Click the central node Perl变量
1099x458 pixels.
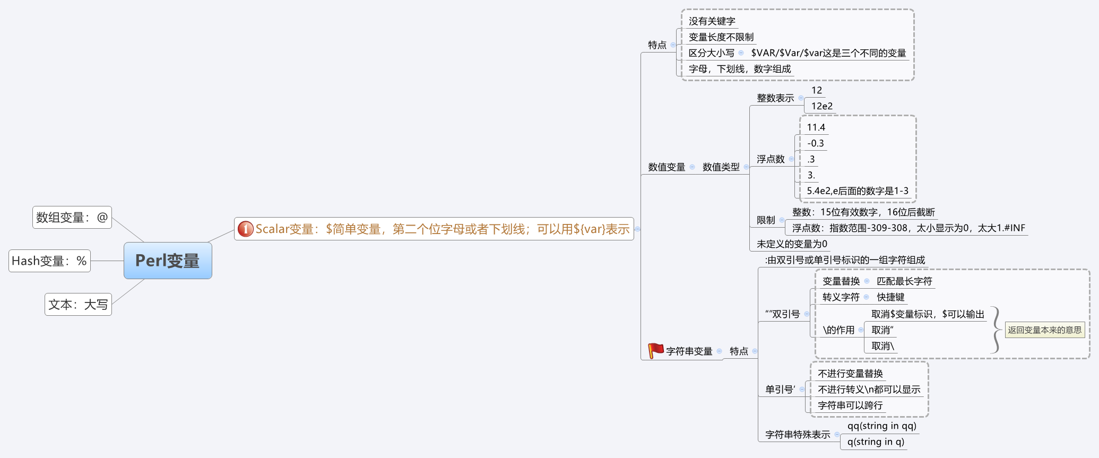click(168, 261)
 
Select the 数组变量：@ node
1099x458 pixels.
click(72, 218)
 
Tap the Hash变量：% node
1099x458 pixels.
click(49, 261)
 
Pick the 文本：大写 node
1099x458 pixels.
click(78, 305)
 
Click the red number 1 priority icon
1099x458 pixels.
click(245, 229)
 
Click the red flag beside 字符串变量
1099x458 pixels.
click(656, 350)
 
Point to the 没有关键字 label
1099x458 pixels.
click(712, 21)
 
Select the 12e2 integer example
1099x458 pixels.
click(821, 106)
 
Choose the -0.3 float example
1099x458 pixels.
click(815, 143)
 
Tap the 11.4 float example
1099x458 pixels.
click(816, 127)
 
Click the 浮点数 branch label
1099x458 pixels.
click(771, 159)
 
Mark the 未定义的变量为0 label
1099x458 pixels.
click(792, 244)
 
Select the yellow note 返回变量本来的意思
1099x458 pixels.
click(1044, 330)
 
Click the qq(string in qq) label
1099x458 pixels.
click(881, 426)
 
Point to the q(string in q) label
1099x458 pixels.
click(876, 442)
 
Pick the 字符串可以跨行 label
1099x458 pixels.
click(850, 405)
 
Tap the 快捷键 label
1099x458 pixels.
click(890, 297)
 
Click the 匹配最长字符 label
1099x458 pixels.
click(904, 281)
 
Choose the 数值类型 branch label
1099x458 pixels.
click(721, 167)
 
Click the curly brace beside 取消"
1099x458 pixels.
click(996, 330)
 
